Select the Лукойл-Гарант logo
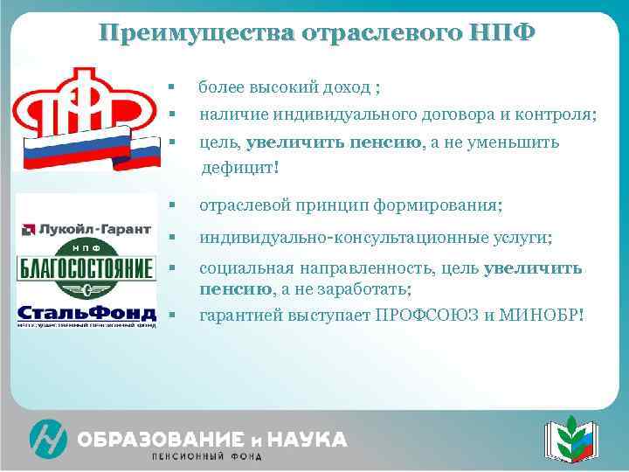point(87,230)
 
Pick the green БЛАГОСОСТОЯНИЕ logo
point(86,268)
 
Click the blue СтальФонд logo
point(86,314)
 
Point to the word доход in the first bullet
point(345,87)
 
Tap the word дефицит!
point(240,166)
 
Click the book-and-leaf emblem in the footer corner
point(569,437)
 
